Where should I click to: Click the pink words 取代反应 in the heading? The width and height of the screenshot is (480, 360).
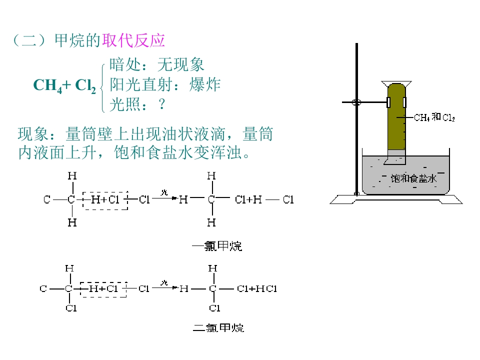[133, 40]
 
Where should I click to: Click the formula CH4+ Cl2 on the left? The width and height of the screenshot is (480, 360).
[64, 85]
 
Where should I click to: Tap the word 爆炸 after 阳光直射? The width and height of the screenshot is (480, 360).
[205, 84]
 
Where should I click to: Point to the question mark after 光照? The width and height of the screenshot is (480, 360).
[162, 104]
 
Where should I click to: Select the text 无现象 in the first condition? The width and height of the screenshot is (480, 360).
[180, 64]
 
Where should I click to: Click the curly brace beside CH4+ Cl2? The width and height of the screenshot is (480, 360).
[103, 88]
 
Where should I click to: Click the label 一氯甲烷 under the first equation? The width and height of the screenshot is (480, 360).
[217, 246]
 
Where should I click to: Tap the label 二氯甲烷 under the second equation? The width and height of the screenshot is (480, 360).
[218, 328]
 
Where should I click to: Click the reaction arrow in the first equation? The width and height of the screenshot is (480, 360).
[165, 198]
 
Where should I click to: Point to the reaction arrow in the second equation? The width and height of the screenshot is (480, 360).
[165, 288]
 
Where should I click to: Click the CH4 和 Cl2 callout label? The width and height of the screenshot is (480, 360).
[434, 117]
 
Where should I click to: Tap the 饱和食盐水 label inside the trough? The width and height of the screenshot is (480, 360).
[413, 178]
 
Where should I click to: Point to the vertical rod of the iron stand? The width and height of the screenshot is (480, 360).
[356, 119]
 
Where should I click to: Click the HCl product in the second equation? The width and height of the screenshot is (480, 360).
[266, 288]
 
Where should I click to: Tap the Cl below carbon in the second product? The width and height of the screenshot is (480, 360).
[214, 308]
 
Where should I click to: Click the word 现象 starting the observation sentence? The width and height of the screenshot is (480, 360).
[33, 134]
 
